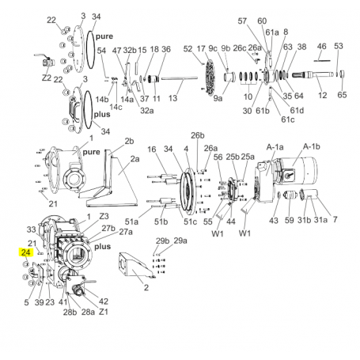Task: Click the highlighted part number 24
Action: tap(25, 252)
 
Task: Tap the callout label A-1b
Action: tap(312, 146)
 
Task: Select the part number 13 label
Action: tap(172, 98)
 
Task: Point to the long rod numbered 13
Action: tap(180, 78)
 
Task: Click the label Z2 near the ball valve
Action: tap(47, 78)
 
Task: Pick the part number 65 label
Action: tap(342, 95)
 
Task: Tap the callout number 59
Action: tap(290, 220)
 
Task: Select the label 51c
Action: tap(190, 222)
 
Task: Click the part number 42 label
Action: tap(104, 301)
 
